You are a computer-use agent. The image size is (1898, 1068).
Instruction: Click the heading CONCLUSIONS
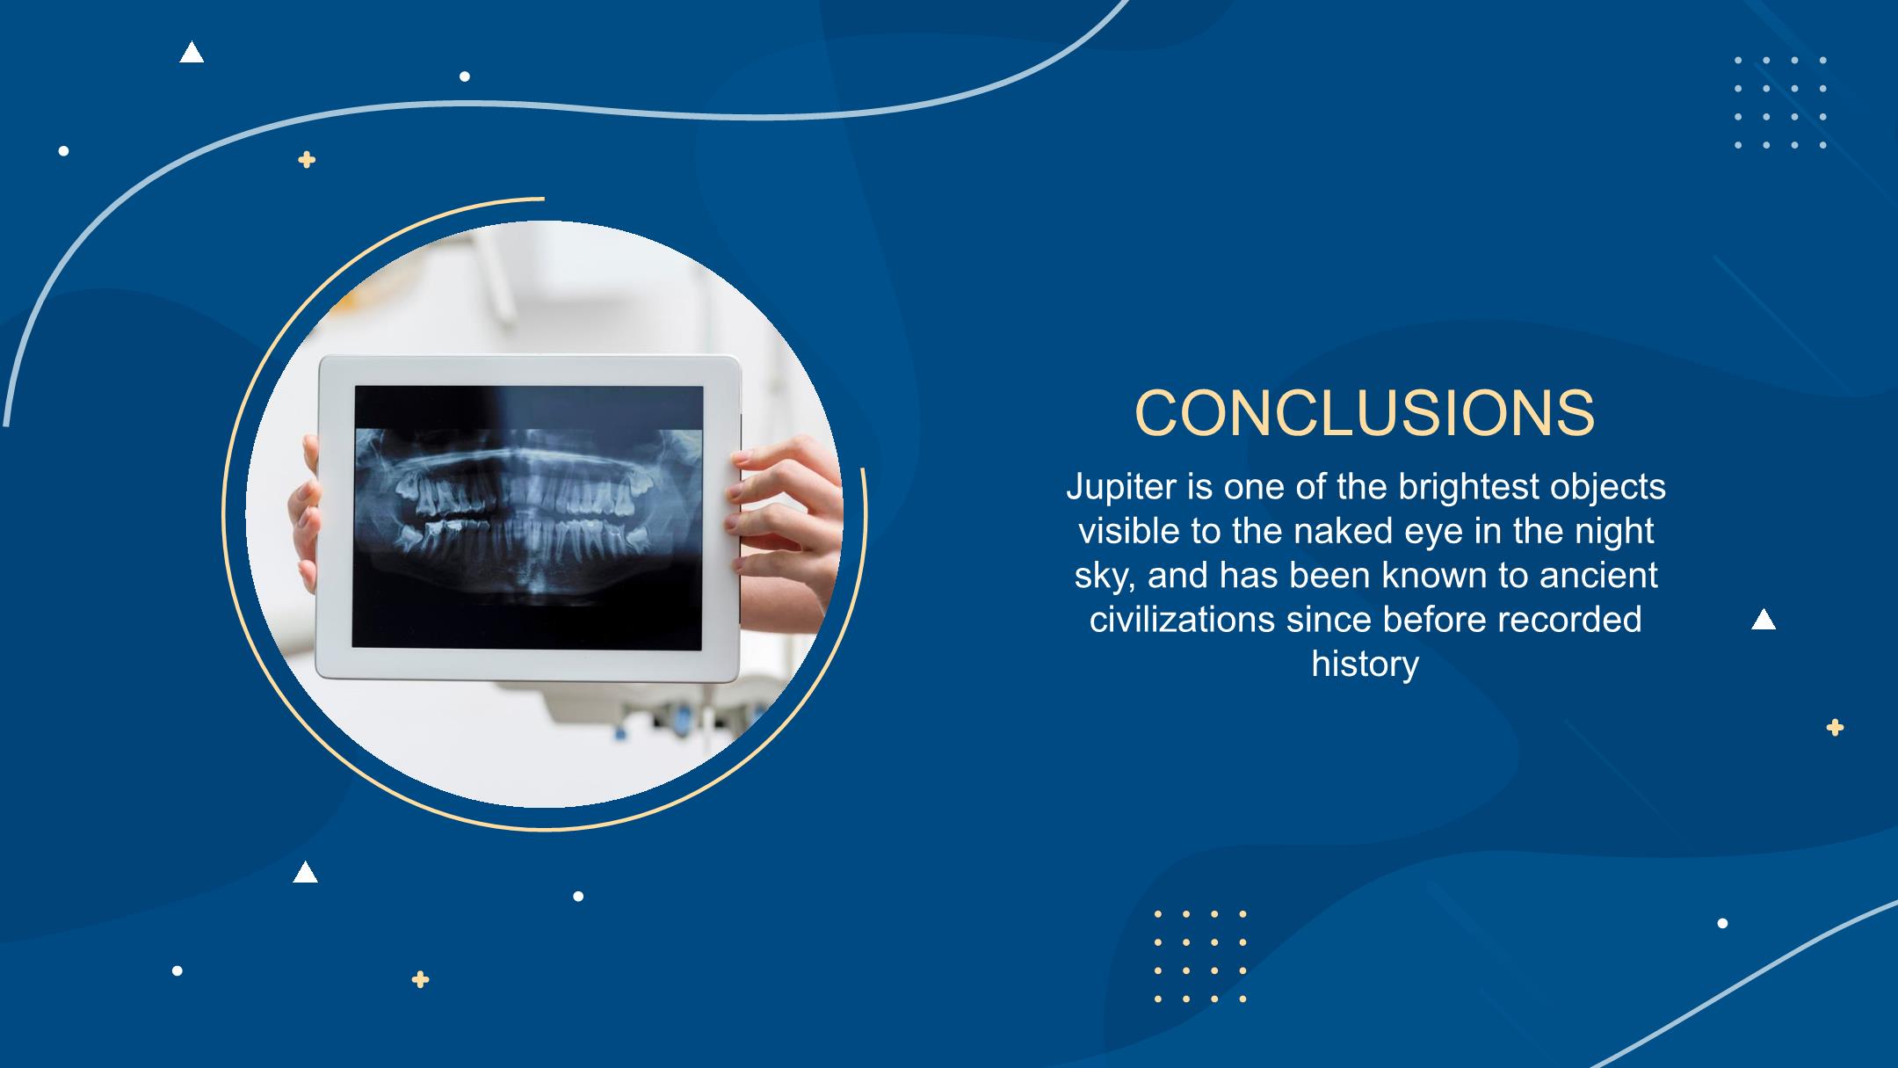coord(1365,412)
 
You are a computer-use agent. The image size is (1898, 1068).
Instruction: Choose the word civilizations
coord(1182,619)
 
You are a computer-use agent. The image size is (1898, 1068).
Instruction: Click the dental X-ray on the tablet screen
coord(528,517)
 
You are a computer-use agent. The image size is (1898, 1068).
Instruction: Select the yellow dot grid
coord(1200,956)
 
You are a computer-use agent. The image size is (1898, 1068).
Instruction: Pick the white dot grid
coord(1780,103)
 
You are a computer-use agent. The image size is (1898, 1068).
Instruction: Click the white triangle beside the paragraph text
coord(1764,620)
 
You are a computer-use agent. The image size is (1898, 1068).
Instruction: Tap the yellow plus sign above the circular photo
coord(307,160)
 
